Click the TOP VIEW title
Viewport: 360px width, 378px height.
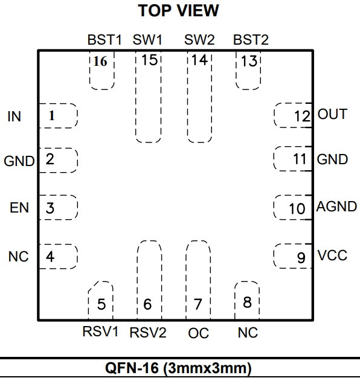click(x=178, y=11)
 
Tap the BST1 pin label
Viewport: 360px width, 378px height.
click(x=104, y=39)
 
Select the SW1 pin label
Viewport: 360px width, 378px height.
click(x=147, y=39)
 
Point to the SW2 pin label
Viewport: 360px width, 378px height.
click(x=199, y=39)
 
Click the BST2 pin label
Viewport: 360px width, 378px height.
click(x=251, y=39)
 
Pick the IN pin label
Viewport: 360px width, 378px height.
click(x=14, y=117)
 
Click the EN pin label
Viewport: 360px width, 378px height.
click(x=19, y=208)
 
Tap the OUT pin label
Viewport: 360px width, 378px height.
click(x=332, y=114)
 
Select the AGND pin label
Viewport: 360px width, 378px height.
click(x=336, y=207)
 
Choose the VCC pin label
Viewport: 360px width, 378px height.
click(x=332, y=255)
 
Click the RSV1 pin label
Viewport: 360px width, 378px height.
click(x=100, y=332)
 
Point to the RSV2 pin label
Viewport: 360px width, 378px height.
click(x=148, y=333)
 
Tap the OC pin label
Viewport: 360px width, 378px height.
click(x=198, y=333)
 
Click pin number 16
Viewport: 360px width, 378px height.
click(x=100, y=61)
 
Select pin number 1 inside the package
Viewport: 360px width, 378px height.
click(x=51, y=116)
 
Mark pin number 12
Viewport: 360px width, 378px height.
click(x=303, y=116)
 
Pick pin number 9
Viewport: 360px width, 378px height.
click(x=301, y=258)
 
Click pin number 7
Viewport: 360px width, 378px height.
click(x=198, y=304)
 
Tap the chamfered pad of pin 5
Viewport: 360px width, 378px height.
click(x=100, y=301)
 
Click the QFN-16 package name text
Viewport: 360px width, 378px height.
click(x=178, y=368)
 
